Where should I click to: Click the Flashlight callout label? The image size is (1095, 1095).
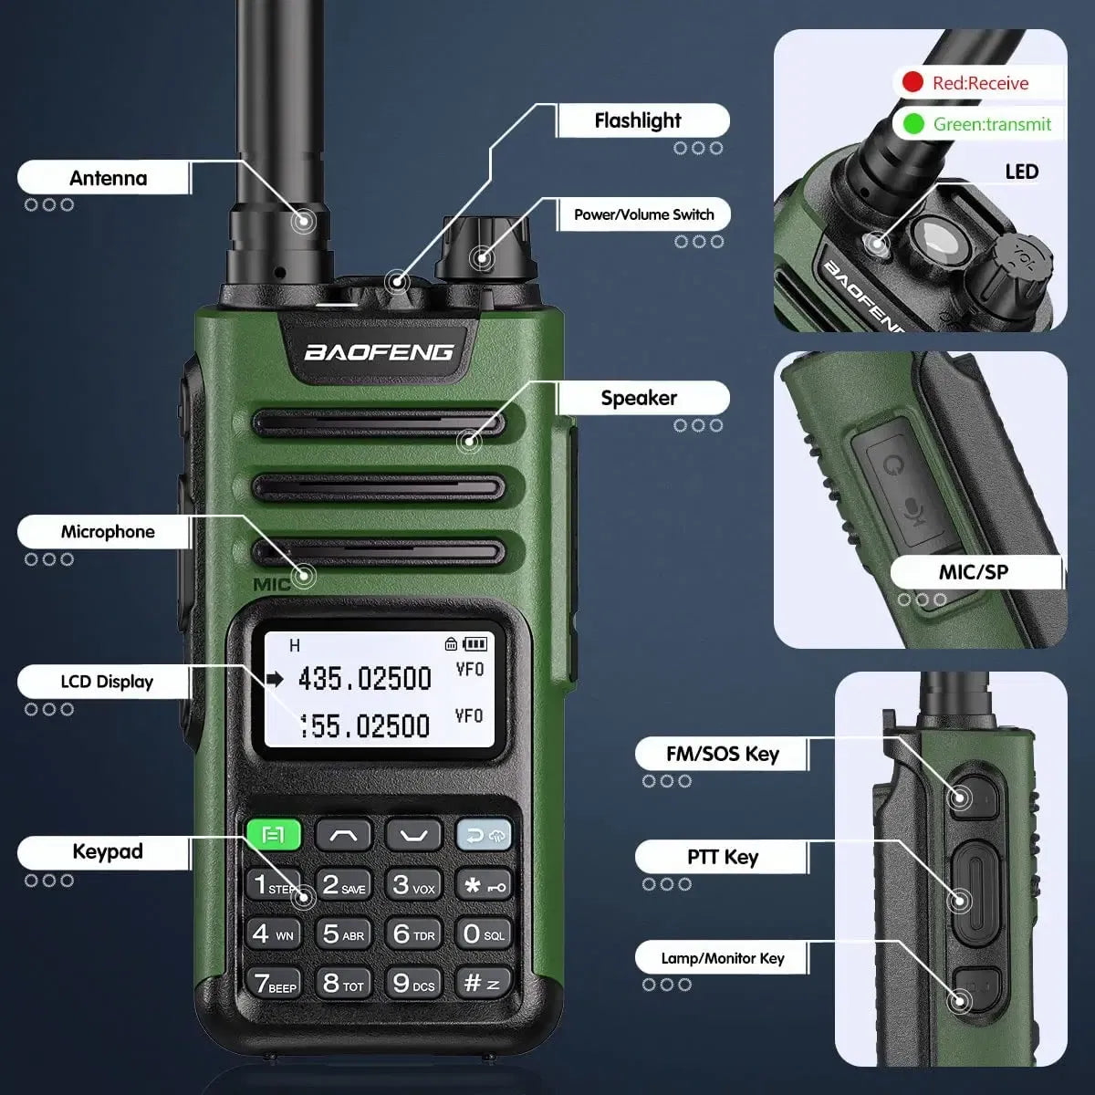click(x=638, y=120)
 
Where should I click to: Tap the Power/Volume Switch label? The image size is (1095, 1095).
click(x=643, y=214)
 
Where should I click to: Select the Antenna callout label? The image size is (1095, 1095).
click(x=108, y=178)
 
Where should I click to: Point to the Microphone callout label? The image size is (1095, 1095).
click(x=108, y=532)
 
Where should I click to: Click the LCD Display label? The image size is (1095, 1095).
click(x=107, y=682)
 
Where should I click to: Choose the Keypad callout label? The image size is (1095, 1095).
click(x=108, y=851)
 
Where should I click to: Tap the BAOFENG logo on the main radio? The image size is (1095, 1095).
click(x=378, y=352)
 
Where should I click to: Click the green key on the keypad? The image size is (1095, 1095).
click(x=273, y=834)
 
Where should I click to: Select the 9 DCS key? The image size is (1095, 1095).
click(x=413, y=983)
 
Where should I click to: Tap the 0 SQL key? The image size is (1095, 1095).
click(x=483, y=933)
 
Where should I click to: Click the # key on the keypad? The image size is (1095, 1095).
click(x=482, y=983)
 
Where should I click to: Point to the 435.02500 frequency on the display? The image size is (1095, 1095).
click(x=364, y=679)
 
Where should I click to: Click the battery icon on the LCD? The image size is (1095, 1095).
click(x=475, y=643)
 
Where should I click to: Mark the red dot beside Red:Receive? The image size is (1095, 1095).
click(x=912, y=83)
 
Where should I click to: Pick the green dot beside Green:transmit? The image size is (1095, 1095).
click(x=912, y=123)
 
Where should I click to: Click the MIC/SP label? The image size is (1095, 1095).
click(x=973, y=572)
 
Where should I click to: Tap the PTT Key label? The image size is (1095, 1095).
click(x=722, y=857)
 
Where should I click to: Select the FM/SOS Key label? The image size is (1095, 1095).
click(x=722, y=754)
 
